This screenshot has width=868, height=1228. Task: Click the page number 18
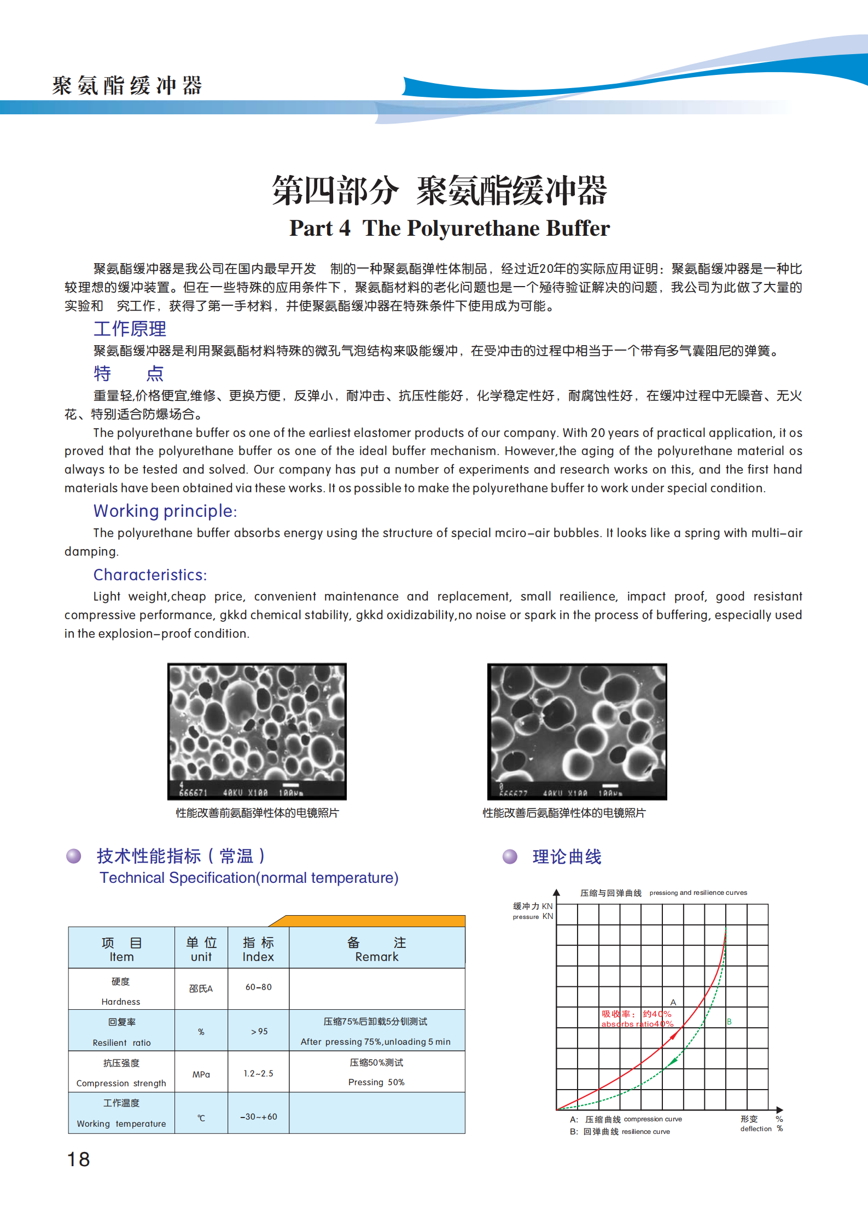point(78,1159)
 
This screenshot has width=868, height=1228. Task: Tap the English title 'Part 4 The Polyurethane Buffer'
point(450,228)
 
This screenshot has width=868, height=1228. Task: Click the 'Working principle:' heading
point(165,511)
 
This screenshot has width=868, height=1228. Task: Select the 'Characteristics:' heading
point(150,575)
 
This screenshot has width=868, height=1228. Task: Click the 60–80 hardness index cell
point(258,987)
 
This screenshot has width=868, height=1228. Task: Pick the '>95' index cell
point(259,1031)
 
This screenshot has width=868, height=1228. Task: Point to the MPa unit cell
point(201,1074)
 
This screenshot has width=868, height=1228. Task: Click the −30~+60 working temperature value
point(258,1116)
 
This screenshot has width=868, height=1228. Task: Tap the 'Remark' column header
point(376,957)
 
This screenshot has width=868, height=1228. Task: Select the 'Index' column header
point(258,957)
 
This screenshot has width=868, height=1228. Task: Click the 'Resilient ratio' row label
point(121,1043)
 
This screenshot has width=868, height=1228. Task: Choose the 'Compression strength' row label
point(121,1083)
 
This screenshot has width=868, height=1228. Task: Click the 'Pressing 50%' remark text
point(376,1082)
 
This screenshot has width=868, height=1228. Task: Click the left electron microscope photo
point(257,731)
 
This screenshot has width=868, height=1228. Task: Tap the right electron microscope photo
point(577,731)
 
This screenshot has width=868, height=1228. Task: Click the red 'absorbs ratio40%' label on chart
point(637,1024)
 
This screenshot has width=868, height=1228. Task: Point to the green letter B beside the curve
point(729,1021)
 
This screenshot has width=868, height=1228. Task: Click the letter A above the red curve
point(673,1002)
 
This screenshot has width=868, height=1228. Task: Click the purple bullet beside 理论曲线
point(510,857)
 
